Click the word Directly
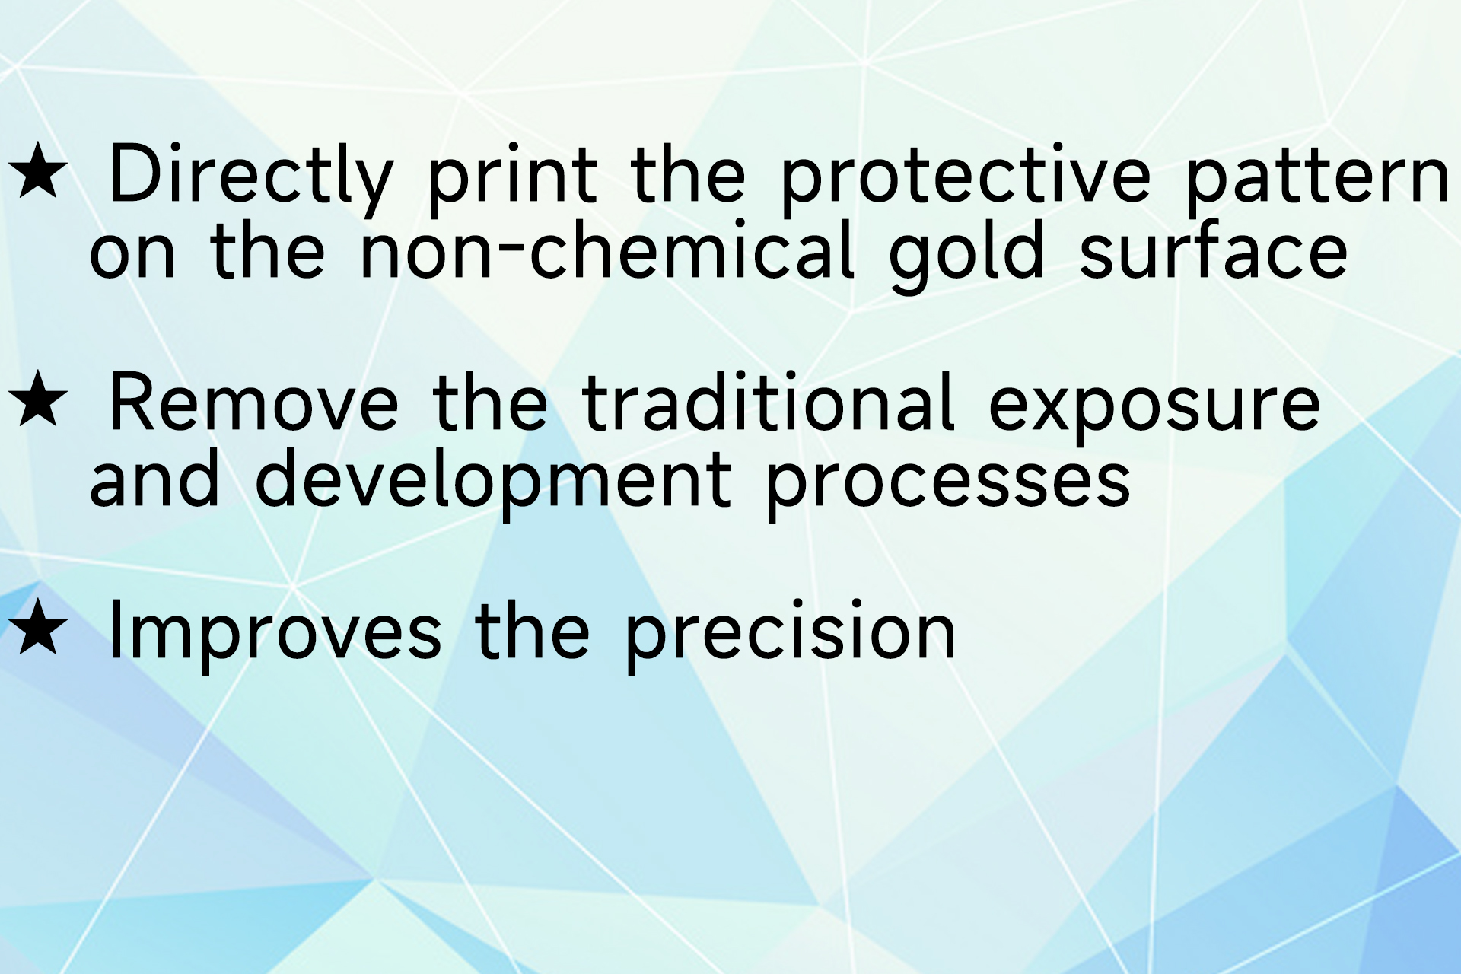[x=252, y=180]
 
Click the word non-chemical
[x=606, y=249]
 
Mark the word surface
[x=1213, y=249]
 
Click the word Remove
[x=254, y=403]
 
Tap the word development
[x=493, y=484]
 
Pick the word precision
[x=791, y=636]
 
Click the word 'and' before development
[x=155, y=477]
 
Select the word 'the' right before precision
[x=532, y=629]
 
